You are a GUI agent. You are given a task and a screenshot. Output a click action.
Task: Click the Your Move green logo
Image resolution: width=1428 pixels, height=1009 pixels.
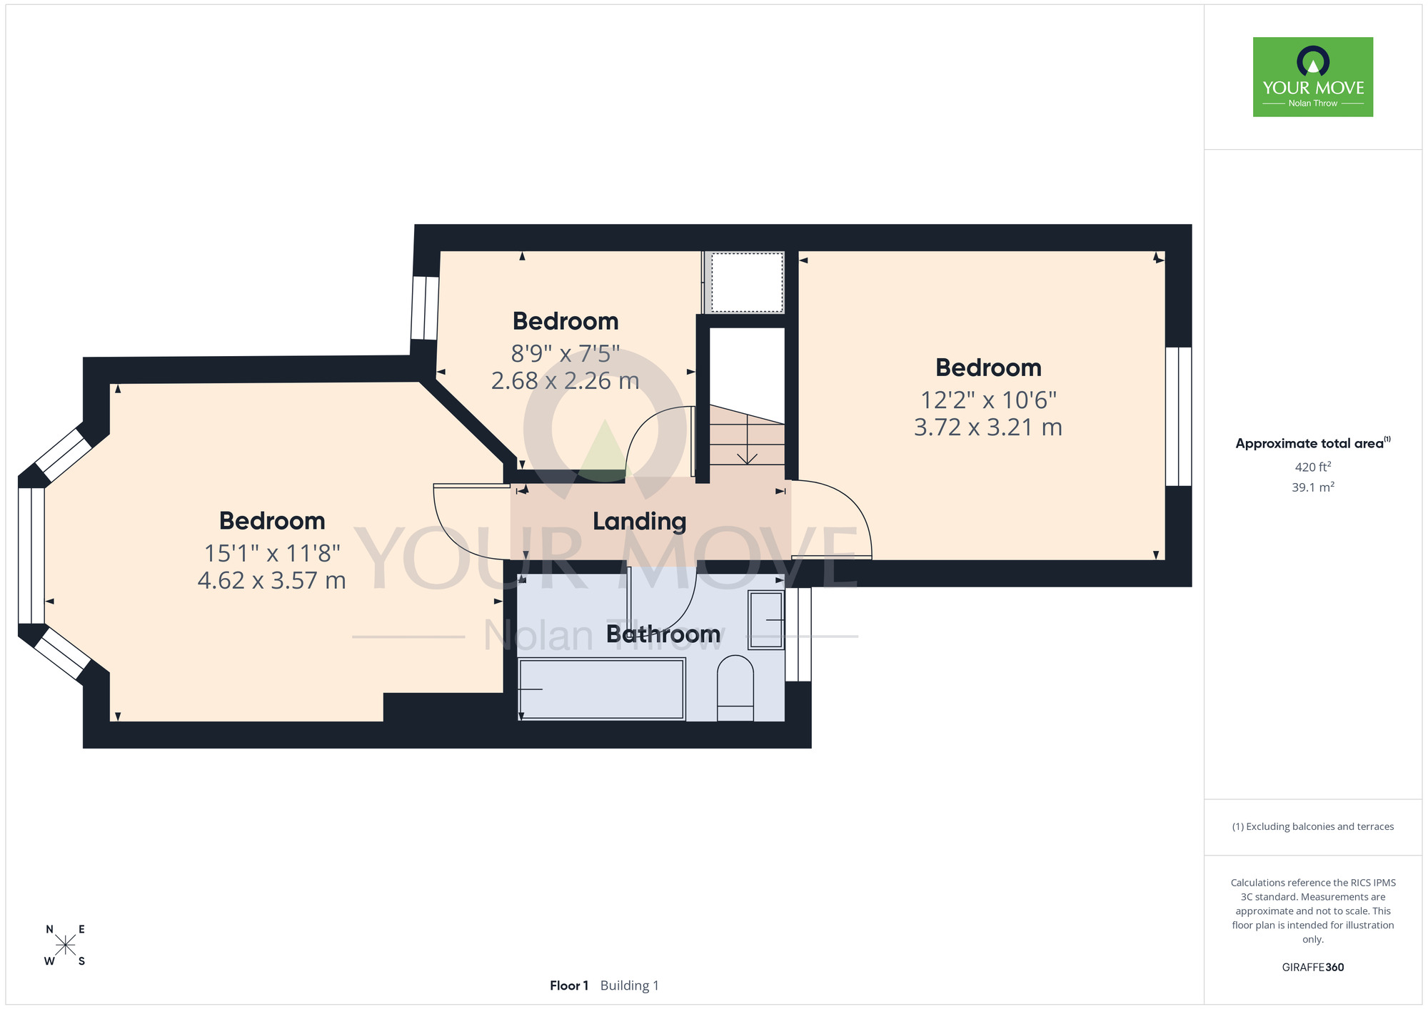click(x=1312, y=77)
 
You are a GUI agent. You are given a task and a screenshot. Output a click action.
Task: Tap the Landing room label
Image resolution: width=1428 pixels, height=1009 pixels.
click(x=639, y=522)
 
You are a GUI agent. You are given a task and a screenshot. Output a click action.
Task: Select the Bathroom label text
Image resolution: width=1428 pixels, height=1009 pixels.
click(x=663, y=634)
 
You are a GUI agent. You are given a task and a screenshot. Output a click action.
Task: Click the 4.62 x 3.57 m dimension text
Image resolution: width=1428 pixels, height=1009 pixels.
click(x=271, y=580)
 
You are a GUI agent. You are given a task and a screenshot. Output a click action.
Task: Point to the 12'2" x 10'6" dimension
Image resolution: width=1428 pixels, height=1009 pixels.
click(x=988, y=400)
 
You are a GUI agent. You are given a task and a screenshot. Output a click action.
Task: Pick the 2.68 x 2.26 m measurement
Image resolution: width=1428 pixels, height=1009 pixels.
click(x=565, y=380)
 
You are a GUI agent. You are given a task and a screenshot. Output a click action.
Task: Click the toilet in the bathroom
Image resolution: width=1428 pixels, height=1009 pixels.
click(x=735, y=688)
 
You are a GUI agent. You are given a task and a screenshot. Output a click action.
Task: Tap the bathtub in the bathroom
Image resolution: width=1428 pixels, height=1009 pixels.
click(x=601, y=689)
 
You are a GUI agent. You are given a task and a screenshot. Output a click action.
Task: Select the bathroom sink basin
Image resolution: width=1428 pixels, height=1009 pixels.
click(x=765, y=620)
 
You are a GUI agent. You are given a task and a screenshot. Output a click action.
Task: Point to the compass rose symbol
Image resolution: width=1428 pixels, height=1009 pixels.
click(x=65, y=945)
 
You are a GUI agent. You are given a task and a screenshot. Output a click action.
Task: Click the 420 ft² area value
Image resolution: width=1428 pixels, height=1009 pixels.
click(x=1312, y=467)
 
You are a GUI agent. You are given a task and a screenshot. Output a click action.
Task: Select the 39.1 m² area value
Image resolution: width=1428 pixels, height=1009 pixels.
click(x=1312, y=487)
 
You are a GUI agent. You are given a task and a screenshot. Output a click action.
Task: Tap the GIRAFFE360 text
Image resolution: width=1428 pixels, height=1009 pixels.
click(x=1312, y=968)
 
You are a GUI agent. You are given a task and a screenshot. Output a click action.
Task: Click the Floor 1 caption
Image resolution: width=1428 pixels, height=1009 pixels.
click(x=569, y=985)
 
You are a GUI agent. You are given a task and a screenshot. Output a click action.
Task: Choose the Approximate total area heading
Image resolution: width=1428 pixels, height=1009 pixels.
click(x=1312, y=443)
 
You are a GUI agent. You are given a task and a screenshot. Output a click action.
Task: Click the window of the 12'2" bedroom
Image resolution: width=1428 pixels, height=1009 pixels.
click(x=1178, y=416)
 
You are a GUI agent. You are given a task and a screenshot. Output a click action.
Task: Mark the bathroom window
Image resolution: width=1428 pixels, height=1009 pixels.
click(x=798, y=634)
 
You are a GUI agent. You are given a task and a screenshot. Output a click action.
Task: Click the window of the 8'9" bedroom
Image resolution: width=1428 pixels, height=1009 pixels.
click(x=425, y=308)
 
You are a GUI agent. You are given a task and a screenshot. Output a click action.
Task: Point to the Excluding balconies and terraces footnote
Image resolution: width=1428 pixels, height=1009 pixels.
click(x=1312, y=826)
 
